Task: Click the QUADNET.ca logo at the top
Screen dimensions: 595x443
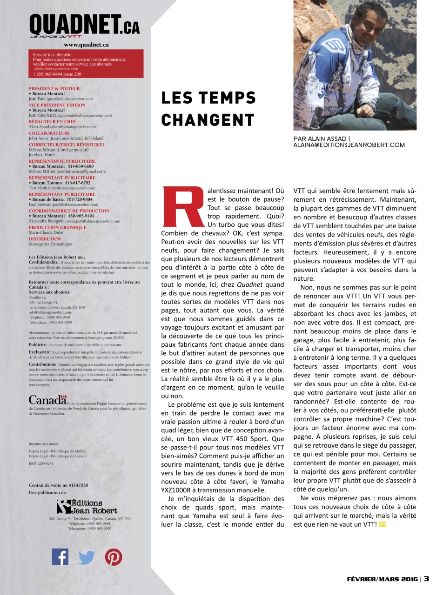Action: pos(84,25)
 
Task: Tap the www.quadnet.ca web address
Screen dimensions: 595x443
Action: pos(87,45)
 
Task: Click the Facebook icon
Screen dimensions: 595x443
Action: pos(60,556)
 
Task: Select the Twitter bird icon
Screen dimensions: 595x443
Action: pos(87,557)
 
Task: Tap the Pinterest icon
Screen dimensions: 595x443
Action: pos(114,556)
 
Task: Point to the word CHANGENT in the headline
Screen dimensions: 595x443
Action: pos(208,120)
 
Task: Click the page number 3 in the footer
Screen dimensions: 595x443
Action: pos(426,579)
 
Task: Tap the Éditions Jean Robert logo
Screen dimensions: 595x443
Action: pos(80,506)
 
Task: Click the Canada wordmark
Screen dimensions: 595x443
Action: pos(47,400)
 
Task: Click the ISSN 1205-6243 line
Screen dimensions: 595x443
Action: pos(41,463)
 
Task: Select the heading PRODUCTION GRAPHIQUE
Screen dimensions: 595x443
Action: pos(58,227)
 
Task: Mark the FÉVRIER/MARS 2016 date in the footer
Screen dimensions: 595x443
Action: pos(383,579)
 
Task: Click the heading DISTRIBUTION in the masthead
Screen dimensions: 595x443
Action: pos(45,239)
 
